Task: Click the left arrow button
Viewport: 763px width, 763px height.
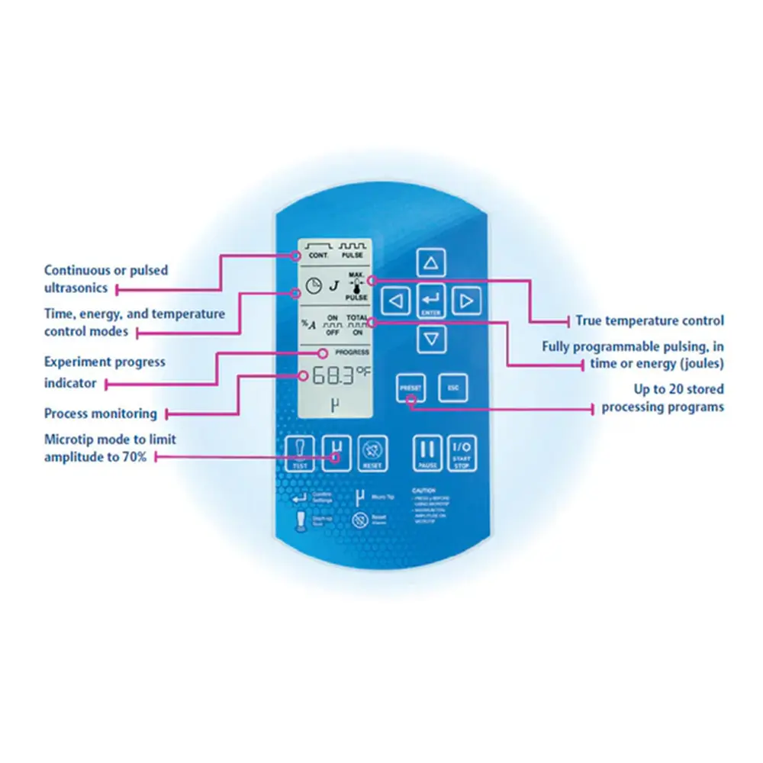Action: (x=395, y=301)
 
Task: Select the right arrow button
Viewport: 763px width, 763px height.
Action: (x=466, y=301)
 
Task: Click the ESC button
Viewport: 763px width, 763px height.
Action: (x=453, y=388)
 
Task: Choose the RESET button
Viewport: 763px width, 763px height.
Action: (x=373, y=453)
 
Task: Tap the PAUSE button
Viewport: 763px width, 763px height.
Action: (x=428, y=453)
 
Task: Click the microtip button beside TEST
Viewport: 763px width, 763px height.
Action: (x=336, y=453)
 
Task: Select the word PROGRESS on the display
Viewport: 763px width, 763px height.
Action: (x=352, y=353)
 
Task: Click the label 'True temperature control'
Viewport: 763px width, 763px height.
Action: (x=649, y=321)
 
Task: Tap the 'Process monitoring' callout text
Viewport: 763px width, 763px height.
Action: (x=100, y=414)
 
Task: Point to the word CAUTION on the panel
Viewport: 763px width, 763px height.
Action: (x=423, y=491)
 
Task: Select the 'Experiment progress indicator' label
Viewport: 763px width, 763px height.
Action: (x=105, y=372)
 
